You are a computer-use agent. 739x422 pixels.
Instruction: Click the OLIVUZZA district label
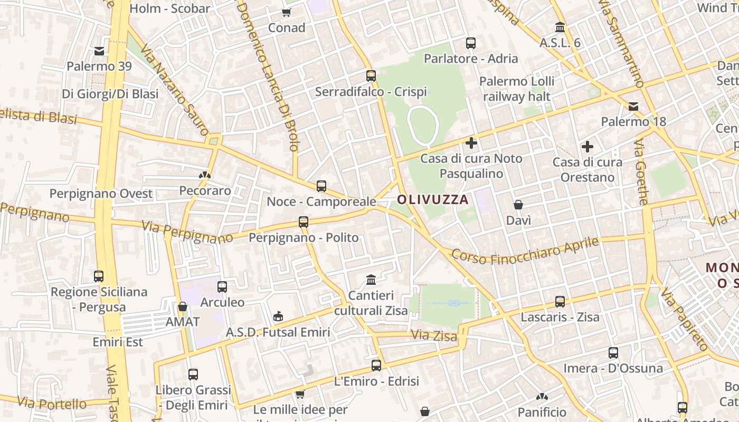433,199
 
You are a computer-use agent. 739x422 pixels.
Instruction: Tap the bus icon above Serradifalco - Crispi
371,75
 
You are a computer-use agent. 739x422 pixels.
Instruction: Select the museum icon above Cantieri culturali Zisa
371,279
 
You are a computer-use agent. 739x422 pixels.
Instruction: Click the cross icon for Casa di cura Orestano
587,147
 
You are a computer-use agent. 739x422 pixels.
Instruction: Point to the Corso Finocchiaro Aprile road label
526,252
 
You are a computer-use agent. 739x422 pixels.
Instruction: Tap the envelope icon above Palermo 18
633,107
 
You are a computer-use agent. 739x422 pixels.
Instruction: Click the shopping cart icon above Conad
287,12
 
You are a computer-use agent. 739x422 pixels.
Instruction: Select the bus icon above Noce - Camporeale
321,186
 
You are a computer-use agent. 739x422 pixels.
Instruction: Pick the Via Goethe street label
641,172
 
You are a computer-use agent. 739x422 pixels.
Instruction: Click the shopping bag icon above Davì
518,205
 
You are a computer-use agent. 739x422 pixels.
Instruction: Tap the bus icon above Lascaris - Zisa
560,302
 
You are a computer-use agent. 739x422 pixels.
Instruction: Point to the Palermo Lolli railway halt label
517,89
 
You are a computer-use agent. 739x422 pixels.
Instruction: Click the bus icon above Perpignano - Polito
304,222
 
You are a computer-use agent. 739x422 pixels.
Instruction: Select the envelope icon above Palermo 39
99,51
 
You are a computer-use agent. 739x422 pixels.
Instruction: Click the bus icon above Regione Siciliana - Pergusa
99,276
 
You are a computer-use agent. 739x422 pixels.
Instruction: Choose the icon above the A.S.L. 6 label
560,27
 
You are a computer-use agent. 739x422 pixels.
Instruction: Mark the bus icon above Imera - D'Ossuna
613,352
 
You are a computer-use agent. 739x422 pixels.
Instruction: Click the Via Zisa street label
433,335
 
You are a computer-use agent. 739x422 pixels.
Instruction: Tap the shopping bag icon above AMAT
183,306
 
